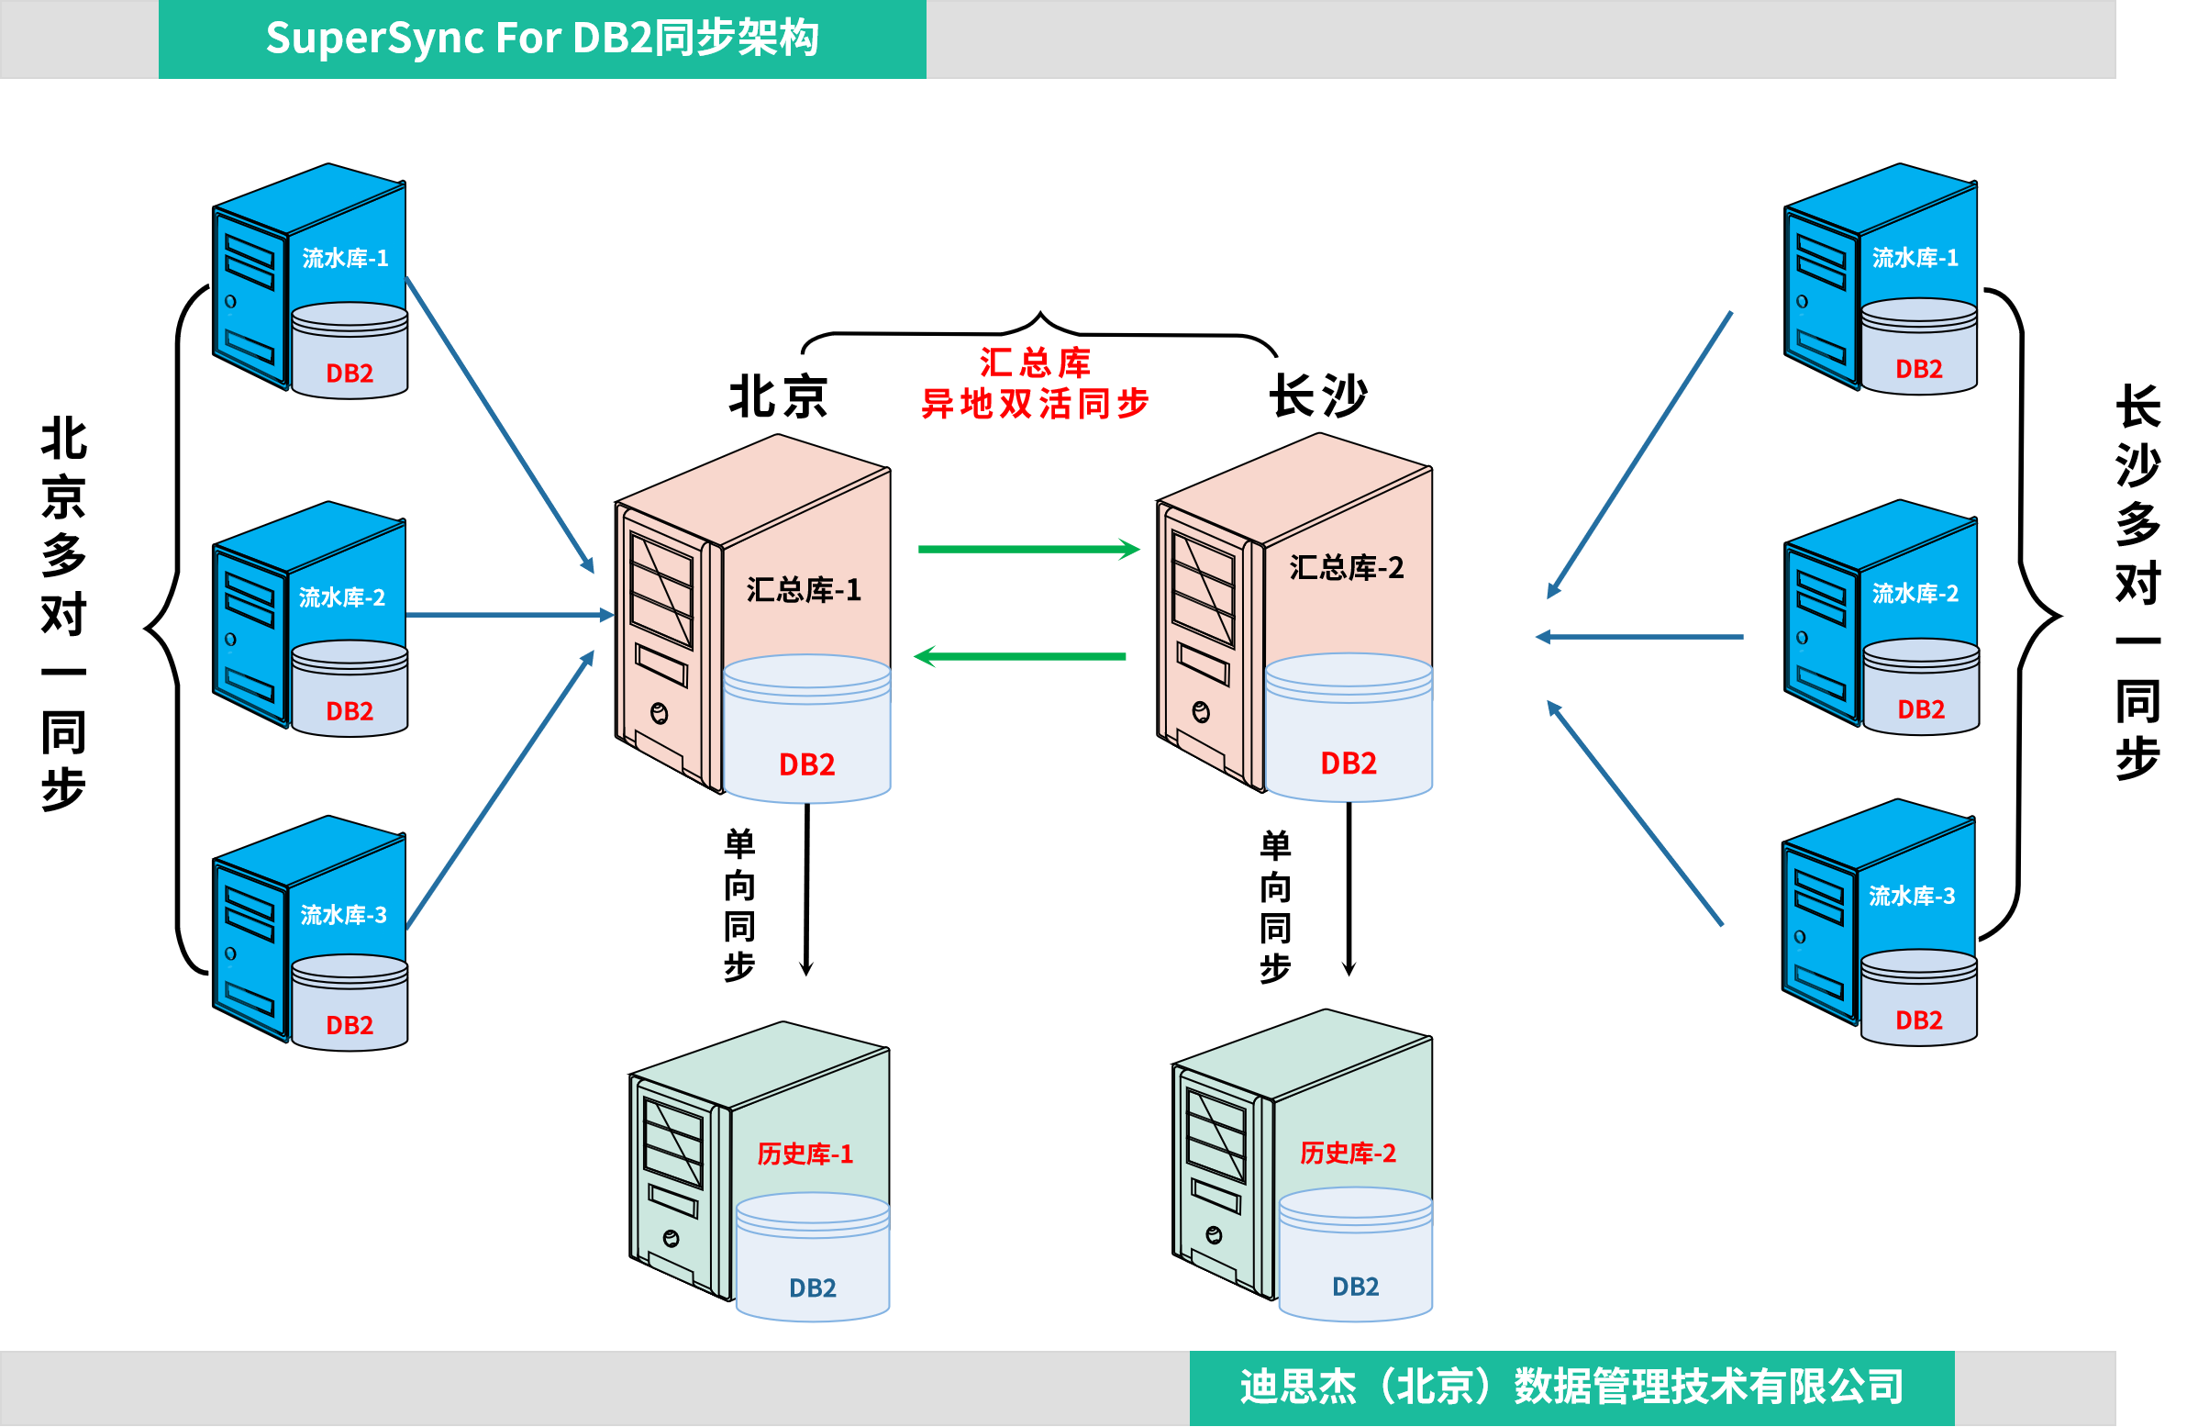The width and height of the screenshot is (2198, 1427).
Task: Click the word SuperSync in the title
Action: click(x=374, y=39)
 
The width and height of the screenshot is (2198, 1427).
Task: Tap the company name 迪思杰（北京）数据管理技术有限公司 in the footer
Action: click(x=1571, y=1387)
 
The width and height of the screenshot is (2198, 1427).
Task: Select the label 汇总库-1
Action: click(x=804, y=589)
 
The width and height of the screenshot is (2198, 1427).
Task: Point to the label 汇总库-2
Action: click(x=1346, y=567)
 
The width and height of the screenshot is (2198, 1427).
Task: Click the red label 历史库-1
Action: click(x=805, y=1154)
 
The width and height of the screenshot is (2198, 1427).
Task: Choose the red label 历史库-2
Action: click(x=1348, y=1153)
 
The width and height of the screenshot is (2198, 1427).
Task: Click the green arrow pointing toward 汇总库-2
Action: click(x=1027, y=550)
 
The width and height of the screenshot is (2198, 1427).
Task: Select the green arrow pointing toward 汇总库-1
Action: click(x=1019, y=657)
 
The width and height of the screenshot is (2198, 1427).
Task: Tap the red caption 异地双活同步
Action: click(x=1035, y=404)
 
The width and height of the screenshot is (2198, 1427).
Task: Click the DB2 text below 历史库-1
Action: click(x=812, y=1288)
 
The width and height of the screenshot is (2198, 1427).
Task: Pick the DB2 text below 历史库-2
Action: click(x=1355, y=1287)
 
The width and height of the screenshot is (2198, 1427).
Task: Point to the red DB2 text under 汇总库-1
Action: click(x=806, y=764)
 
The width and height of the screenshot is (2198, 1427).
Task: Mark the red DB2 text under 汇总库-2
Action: click(x=1349, y=763)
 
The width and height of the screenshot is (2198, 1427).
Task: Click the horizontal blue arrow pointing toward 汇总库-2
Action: click(x=1639, y=636)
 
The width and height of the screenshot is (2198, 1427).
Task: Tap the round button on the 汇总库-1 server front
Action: click(x=659, y=713)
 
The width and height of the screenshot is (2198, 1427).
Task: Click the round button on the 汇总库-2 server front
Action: click(x=1201, y=712)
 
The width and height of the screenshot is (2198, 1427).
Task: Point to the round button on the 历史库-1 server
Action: click(x=672, y=1239)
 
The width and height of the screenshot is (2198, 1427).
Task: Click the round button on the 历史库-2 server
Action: click(x=1214, y=1236)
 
